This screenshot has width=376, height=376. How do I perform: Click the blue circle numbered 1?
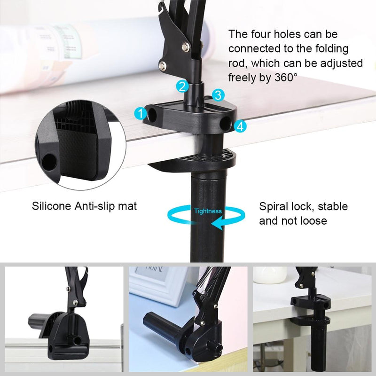[140, 113]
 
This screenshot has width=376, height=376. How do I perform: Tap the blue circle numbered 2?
[183, 86]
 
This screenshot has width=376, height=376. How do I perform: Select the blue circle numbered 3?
[218, 95]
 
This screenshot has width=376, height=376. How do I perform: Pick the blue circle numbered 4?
[240, 126]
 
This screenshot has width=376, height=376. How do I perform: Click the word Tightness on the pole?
[208, 211]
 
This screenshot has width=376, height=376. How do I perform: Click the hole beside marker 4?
[226, 123]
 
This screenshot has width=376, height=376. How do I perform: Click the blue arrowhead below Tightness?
[217, 225]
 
